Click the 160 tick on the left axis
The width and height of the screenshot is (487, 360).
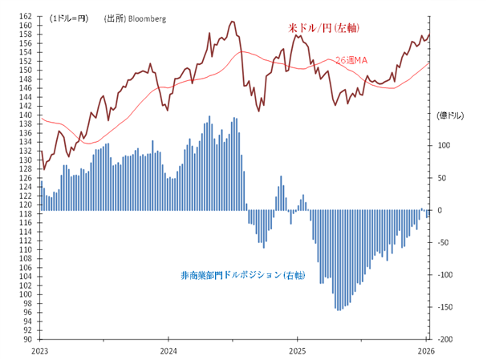click(26, 25)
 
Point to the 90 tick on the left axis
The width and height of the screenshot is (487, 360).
click(28, 339)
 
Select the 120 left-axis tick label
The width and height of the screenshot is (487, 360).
click(26, 204)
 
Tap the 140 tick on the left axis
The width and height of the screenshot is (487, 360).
click(26, 115)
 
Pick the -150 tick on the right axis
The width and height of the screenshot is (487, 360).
click(448, 307)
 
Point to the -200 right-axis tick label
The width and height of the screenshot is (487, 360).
click(448, 339)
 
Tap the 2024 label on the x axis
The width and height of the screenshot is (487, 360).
click(168, 350)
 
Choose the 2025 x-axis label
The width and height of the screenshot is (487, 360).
click(297, 350)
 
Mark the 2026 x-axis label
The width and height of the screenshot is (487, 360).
click(426, 350)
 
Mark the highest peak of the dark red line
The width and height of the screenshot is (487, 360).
click(232, 21)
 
